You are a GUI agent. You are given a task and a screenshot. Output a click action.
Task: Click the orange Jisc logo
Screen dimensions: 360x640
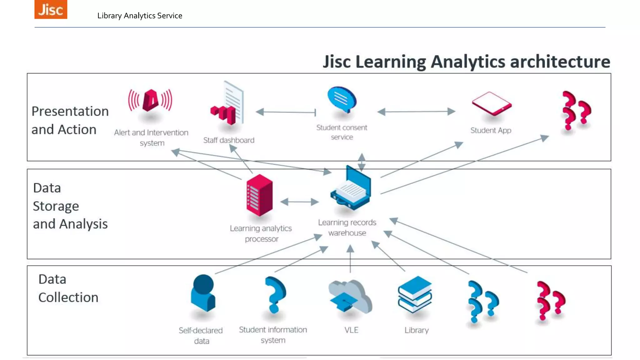coord(51,9)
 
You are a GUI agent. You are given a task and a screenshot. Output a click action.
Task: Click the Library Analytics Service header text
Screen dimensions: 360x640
coord(140,16)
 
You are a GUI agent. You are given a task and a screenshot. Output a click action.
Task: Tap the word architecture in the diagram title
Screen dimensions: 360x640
coord(560,62)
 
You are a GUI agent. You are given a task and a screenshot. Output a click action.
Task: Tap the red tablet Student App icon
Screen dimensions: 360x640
coord(492,103)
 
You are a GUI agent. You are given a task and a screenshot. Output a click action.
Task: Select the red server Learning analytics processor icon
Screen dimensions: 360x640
coord(259,195)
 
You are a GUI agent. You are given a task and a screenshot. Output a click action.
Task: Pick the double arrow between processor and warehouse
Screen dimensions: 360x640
coord(299,202)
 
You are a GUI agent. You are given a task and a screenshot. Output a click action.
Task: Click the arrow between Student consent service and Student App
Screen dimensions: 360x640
coord(416,112)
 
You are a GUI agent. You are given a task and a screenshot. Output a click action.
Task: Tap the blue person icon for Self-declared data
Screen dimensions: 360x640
coord(203,293)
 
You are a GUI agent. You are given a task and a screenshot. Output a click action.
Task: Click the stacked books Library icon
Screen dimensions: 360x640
coord(415,294)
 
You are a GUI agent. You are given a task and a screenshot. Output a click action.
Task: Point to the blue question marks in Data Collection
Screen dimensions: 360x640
coord(482,302)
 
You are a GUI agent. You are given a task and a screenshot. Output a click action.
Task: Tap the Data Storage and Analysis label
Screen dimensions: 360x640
coord(70,206)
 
